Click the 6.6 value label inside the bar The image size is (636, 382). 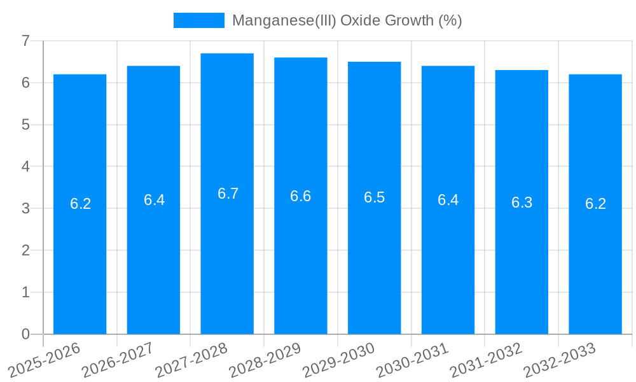point(300,196)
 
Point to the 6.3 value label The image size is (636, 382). point(522,202)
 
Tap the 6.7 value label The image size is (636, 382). point(228,194)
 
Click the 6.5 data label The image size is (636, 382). point(374,197)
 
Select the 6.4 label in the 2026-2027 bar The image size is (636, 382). point(154,200)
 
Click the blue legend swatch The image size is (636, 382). point(198,20)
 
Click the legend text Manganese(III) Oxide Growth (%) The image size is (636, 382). point(347,20)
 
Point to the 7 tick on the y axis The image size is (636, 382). point(25,41)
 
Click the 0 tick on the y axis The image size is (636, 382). point(25,334)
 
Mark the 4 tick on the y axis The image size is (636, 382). point(25,167)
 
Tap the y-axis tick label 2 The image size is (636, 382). point(25,250)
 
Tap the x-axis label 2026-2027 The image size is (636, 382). point(118,360)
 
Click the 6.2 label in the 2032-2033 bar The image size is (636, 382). point(595,204)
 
